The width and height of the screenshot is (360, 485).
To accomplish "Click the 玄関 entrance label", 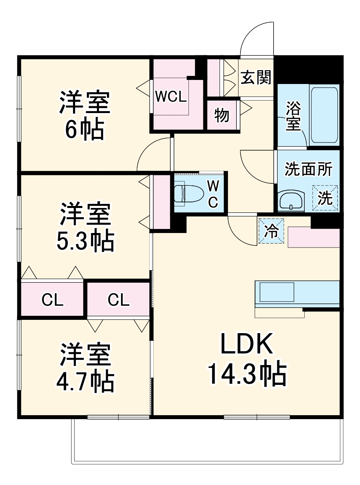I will (255, 78).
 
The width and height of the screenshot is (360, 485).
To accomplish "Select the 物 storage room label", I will (222, 115).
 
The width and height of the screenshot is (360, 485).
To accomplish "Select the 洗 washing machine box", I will (325, 198).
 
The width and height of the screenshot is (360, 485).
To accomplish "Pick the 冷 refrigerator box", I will (271, 231).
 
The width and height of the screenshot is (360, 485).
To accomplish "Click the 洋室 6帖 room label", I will (85, 115).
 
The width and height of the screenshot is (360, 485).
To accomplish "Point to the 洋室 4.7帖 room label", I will (85, 367).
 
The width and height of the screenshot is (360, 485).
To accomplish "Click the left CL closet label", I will (53, 300).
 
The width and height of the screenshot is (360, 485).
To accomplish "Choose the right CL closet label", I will (119, 300).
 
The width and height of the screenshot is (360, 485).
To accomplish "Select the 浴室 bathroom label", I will (293, 116).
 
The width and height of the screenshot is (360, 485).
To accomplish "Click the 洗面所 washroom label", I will (308, 170).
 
